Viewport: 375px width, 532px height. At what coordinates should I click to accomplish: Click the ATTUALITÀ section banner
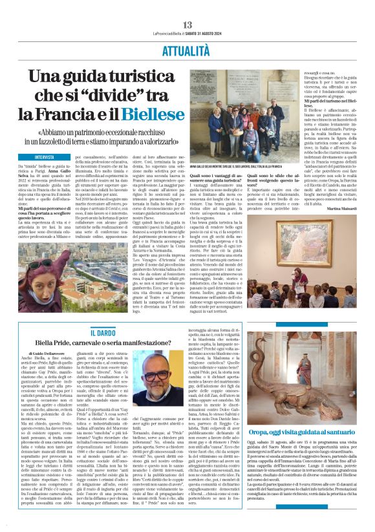(187, 49)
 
